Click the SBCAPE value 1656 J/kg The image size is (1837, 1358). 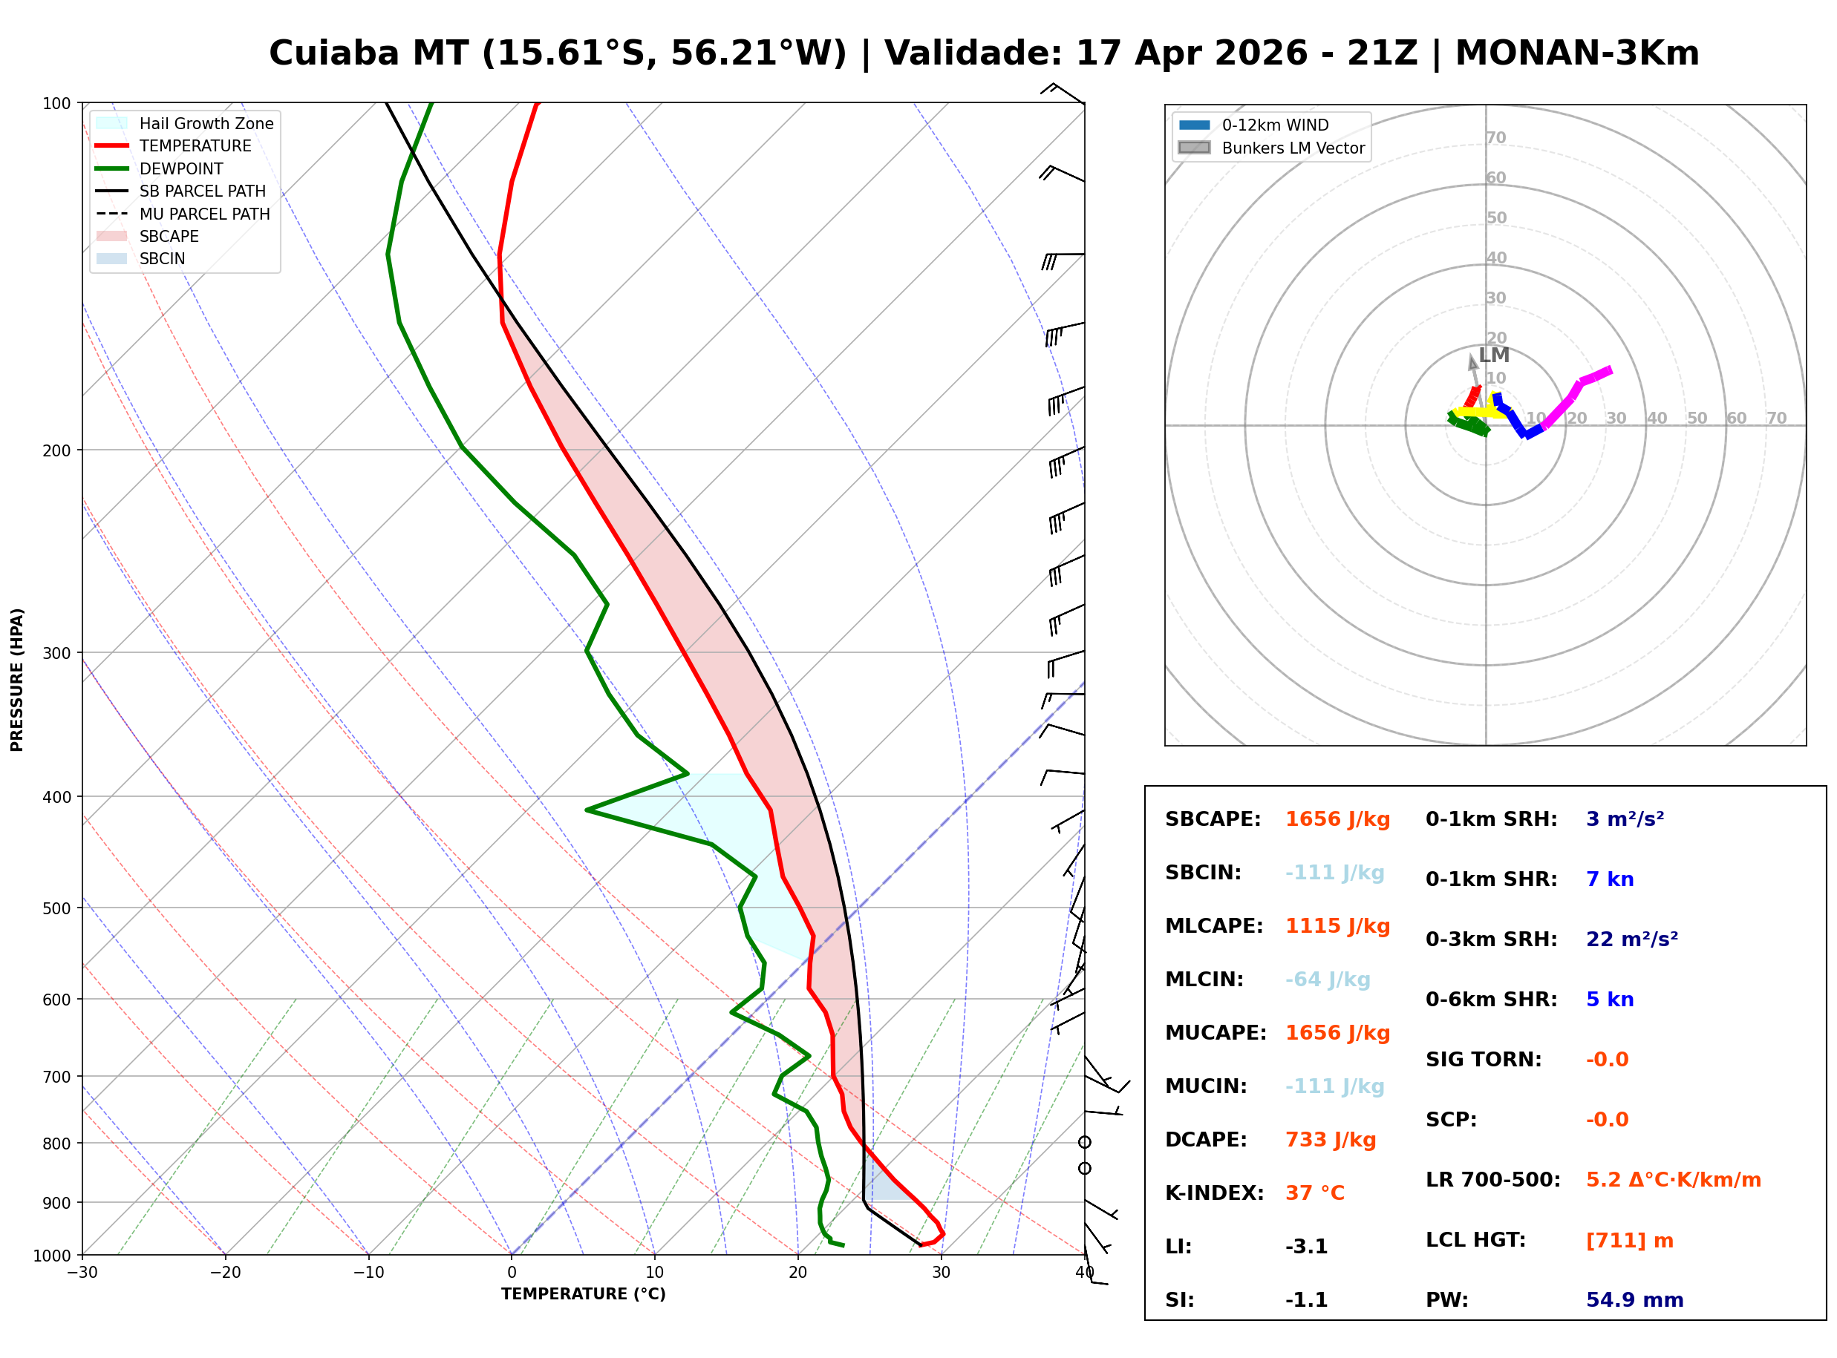coord(1338,819)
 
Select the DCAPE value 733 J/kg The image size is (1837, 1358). coord(1331,1140)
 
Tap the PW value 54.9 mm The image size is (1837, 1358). coord(1635,1300)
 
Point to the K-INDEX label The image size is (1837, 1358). coord(1215,1193)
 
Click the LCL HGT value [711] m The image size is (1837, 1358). coord(1630,1241)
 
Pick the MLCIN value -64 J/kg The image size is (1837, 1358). coord(1328,980)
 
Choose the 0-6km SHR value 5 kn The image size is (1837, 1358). coord(1610,1000)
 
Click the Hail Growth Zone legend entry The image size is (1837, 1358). coord(185,123)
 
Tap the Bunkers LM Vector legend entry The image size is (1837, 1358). coord(1271,148)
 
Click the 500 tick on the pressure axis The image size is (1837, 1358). coord(56,908)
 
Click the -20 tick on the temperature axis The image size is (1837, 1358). coord(224,1273)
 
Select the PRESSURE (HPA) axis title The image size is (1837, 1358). coord(17,680)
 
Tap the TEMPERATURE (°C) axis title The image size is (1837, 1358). coord(584,1294)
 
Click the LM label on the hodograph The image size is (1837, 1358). coord(1494,355)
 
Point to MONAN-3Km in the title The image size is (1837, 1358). coord(1577,53)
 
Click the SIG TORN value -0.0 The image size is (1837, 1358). coord(1608,1060)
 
